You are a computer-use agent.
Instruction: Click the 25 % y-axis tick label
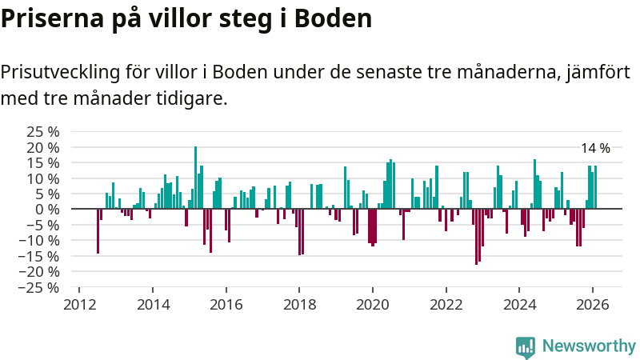(43, 132)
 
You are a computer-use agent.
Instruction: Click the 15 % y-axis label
(43, 163)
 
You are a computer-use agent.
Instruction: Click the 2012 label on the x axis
(80, 305)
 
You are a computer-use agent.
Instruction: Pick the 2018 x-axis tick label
(299, 305)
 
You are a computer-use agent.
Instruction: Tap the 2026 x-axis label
(592, 305)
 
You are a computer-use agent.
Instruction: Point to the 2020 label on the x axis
(373, 305)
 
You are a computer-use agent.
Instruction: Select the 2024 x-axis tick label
(519, 305)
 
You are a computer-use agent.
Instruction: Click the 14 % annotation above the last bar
(595, 148)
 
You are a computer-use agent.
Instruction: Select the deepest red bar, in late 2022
(476, 236)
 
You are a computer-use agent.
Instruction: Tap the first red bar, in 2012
(98, 231)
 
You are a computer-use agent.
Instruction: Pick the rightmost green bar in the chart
(595, 187)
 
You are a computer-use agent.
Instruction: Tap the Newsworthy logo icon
(526, 346)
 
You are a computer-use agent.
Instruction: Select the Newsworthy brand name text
(589, 346)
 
